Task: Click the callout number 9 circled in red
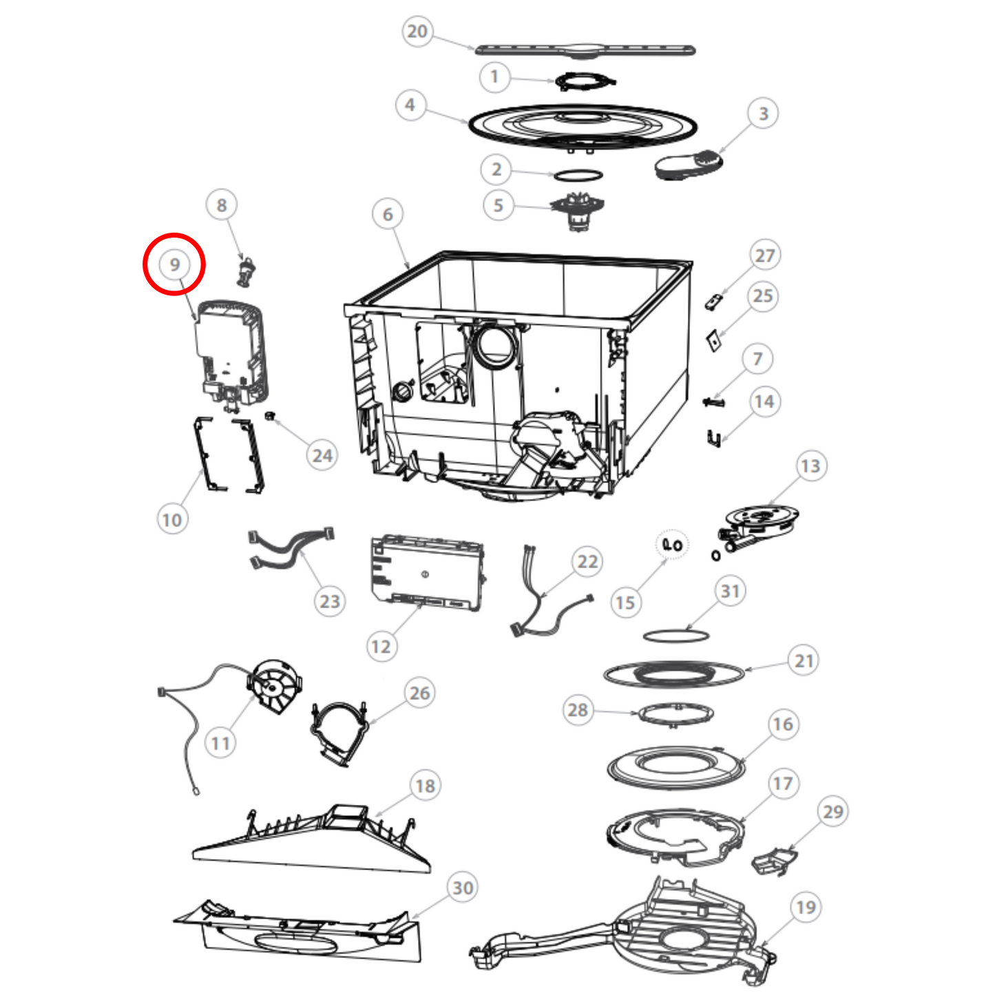point(174,264)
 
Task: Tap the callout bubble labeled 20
point(417,31)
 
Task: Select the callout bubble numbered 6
point(388,213)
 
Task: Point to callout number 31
point(730,591)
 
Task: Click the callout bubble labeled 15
point(625,602)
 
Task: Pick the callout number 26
point(419,693)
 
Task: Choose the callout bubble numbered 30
point(463,888)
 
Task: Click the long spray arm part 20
point(585,50)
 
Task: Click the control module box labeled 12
point(428,573)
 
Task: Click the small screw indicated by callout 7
point(713,401)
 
